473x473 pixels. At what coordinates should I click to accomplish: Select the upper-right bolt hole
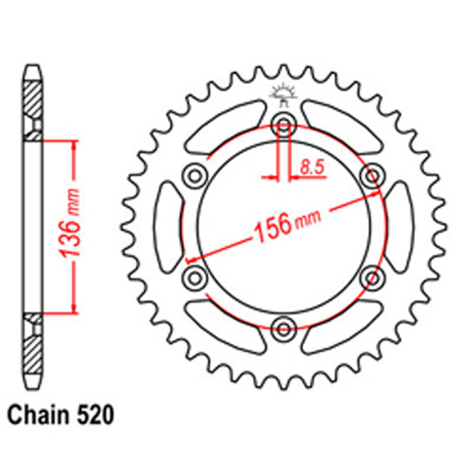pos(373,175)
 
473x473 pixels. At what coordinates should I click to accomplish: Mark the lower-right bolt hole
pos(373,277)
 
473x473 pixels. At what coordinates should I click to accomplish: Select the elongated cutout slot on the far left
pos(169,226)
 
